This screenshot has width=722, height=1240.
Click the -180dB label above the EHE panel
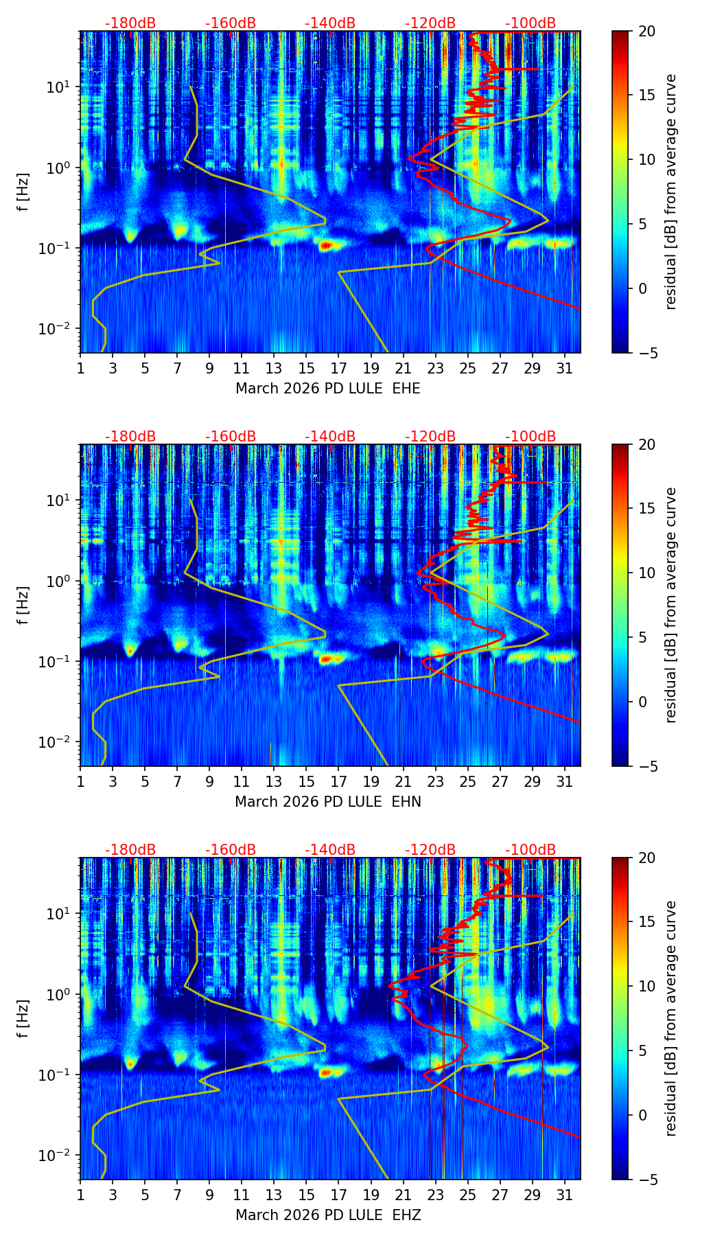click(x=130, y=23)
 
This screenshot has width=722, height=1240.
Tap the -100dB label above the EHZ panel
click(x=531, y=850)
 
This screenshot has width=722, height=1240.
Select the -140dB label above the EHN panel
click(x=330, y=437)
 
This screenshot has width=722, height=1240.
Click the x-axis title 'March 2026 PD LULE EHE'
click(x=327, y=389)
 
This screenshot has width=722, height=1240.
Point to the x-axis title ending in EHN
click(x=327, y=802)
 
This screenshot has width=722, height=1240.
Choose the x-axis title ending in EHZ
click(x=327, y=1215)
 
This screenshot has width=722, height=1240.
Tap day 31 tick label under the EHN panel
click(x=564, y=783)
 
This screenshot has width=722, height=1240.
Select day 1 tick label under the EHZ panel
click(x=80, y=1196)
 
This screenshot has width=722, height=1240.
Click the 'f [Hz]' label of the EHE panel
click(x=23, y=192)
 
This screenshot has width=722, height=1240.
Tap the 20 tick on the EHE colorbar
click(x=647, y=31)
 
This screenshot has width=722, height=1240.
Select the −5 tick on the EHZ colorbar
click(x=647, y=1180)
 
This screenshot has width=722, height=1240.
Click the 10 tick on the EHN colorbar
click(x=647, y=573)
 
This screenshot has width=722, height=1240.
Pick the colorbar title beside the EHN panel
click(x=671, y=605)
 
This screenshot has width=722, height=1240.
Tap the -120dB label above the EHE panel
click(x=430, y=23)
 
